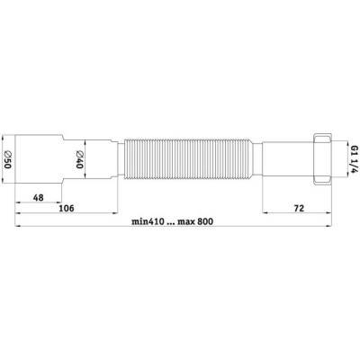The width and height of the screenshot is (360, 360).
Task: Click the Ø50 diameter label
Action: coord(7,159)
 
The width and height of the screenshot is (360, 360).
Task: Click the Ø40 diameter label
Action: coord(78,159)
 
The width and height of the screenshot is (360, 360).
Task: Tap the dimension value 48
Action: coord(39,197)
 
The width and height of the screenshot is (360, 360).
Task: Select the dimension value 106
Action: coord(67,208)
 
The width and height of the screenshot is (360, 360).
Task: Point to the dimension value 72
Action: coord(299,208)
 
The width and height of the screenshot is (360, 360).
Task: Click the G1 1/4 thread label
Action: coord(355,159)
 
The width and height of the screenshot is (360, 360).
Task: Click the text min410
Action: coord(148,221)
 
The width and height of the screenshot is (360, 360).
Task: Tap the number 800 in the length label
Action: coord(205,221)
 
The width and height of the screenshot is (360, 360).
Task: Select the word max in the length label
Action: coord(185,222)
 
